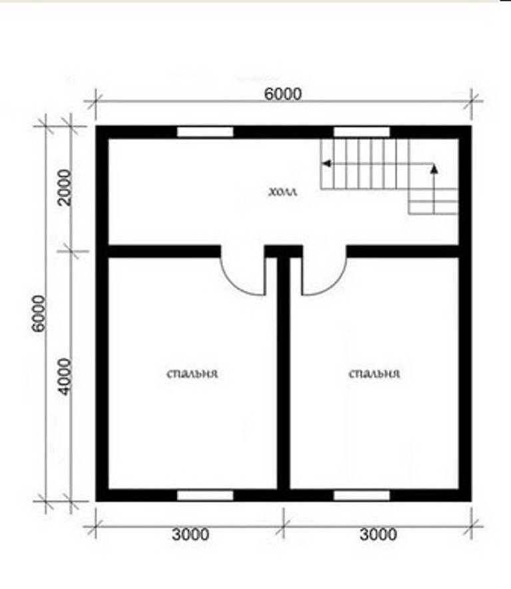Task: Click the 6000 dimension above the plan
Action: pos(283,94)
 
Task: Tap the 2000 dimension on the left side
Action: pos(65,187)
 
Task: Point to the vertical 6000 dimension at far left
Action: pos(39,313)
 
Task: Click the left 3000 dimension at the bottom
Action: pos(190,534)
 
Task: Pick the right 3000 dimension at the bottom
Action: pos(378,534)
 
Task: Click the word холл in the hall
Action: pos(283,192)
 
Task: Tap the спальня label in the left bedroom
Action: pos(192,374)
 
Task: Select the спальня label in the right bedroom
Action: pos(375,374)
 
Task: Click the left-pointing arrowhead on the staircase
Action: pos(327,163)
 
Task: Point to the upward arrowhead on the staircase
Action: pos(434,169)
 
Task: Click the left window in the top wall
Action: pos(205,132)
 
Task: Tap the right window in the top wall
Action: pos(362,132)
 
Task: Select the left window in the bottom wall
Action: pos(205,496)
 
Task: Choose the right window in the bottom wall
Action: pos(362,496)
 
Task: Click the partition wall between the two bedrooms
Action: pos(283,374)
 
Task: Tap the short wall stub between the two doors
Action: pos(283,251)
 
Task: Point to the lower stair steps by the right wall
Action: pos(433,201)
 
